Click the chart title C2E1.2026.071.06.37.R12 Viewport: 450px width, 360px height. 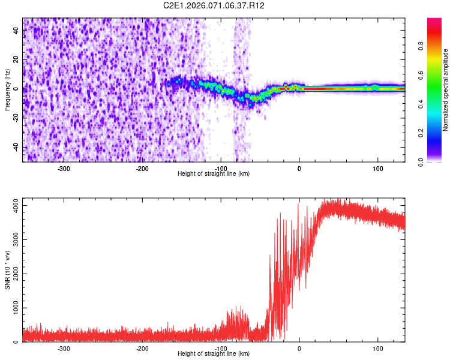(x=214, y=5)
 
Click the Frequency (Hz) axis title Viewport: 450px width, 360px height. (x=7, y=90)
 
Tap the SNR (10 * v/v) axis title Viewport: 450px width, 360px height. (x=7, y=270)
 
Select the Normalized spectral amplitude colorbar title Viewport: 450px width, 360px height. (x=445, y=90)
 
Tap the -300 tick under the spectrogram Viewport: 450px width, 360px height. (x=64, y=169)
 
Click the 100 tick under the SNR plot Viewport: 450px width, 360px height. (x=378, y=349)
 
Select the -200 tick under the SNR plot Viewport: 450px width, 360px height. (x=142, y=349)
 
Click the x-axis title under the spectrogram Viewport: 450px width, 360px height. (x=214, y=174)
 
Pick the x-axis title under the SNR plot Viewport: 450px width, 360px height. (x=214, y=354)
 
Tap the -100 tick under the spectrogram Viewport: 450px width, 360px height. (x=221, y=169)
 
